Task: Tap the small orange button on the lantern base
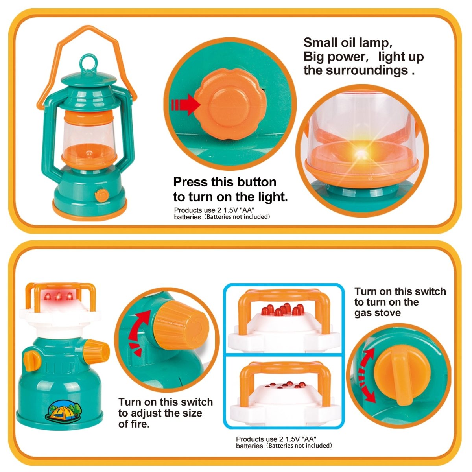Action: tap(102, 195)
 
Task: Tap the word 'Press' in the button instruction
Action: tap(191, 182)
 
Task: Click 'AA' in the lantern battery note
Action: tap(244, 210)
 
